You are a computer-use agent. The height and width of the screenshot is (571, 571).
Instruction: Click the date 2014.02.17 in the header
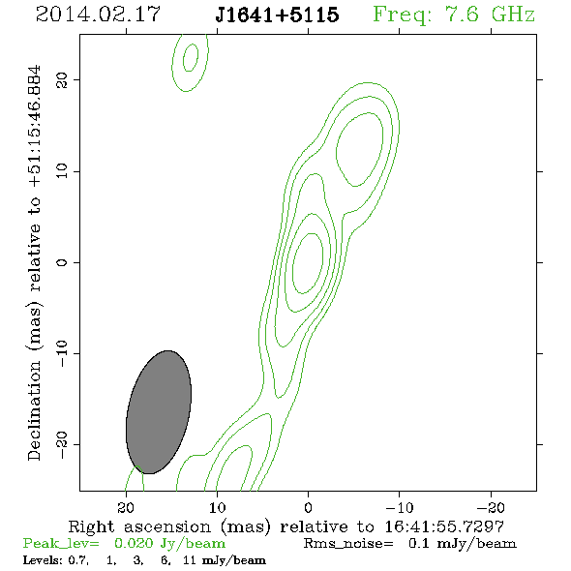[98, 15]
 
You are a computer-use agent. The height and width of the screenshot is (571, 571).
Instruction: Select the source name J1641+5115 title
[277, 15]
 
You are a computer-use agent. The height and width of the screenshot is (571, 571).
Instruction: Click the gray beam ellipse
[159, 412]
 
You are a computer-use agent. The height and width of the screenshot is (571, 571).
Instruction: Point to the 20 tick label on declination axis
[62, 80]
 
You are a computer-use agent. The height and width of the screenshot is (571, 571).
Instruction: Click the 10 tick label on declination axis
[62, 171]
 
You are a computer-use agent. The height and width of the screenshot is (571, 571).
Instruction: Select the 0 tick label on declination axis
[62, 262]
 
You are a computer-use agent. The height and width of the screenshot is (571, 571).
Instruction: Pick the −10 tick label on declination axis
[62, 353]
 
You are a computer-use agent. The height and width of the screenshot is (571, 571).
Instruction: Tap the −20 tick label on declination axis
[62, 444]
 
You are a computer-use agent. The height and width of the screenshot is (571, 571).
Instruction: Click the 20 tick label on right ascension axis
[126, 508]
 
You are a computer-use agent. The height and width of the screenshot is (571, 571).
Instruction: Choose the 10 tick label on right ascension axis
[217, 508]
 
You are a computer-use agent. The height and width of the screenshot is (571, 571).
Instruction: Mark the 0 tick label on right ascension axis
[308, 508]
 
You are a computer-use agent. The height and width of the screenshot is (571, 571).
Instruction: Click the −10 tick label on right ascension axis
[400, 508]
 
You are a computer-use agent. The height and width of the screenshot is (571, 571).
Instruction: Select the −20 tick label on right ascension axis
[491, 508]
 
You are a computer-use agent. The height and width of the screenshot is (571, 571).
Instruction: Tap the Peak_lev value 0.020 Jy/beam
[169, 543]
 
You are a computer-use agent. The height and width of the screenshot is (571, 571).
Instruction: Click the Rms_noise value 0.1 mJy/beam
[463, 543]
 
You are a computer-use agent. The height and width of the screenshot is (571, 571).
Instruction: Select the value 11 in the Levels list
[190, 559]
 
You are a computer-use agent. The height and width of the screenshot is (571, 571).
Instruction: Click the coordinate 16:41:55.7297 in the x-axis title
[444, 526]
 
